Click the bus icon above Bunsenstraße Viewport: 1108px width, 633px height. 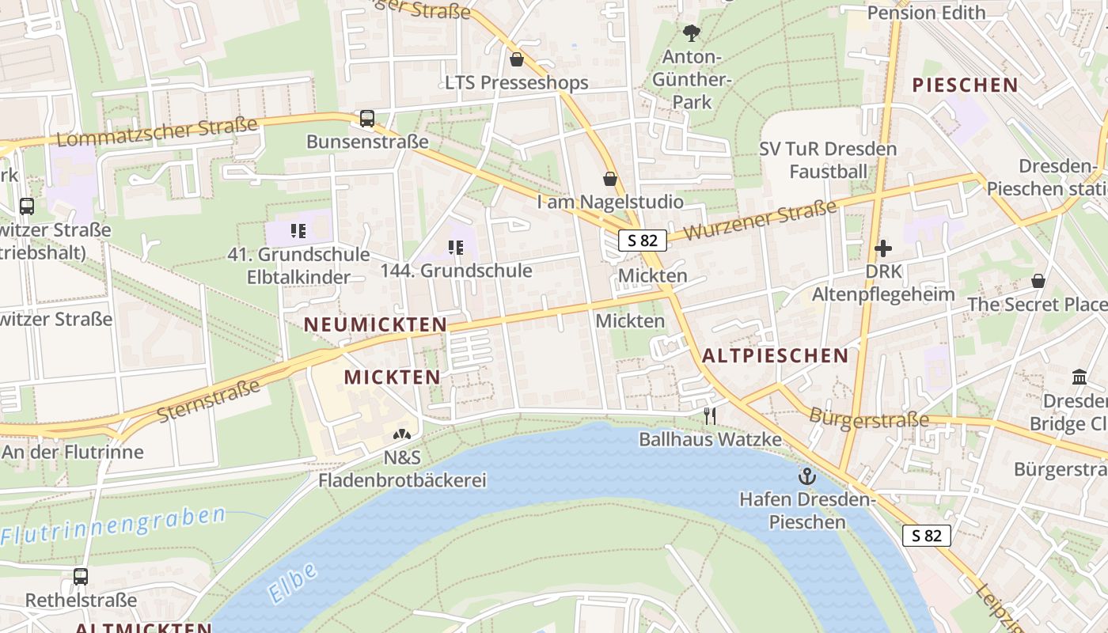pyautogui.click(x=367, y=119)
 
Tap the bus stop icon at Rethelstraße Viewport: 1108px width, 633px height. pyautogui.click(x=81, y=577)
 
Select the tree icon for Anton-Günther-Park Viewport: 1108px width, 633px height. pyautogui.click(x=692, y=32)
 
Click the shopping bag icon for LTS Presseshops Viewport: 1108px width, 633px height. pyautogui.click(x=517, y=59)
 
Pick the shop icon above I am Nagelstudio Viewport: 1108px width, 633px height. pyautogui.click(x=610, y=179)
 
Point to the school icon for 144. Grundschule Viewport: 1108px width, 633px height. pyautogui.click(x=456, y=248)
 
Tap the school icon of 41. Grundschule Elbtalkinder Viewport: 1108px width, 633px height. pyautogui.click(x=298, y=231)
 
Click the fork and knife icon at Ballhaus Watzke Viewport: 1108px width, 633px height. pyautogui.click(x=710, y=416)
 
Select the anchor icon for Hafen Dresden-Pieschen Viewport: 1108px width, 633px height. pyautogui.click(x=806, y=476)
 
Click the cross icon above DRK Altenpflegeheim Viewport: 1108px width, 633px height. pyautogui.click(x=883, y=248)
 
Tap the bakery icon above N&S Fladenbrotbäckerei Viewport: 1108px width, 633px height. pyautogui.click(x=402, y=434)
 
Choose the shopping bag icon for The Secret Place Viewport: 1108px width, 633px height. pyautogui.click(x=1038, y=281)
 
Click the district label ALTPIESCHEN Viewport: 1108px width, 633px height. pyautogui.click(x=776, y=356)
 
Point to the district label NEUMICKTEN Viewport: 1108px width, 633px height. pyautogui.click(x=376, y=324)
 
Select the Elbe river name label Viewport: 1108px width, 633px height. pyautogui.click(x=292, y=582)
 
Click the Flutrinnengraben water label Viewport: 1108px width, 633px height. pyautogui.click(x=113, y=526)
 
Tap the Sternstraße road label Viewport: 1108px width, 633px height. pyautogui.click(x=208, y=400)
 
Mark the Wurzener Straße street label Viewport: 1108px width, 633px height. pyautogui.click(x=760, y=221)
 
